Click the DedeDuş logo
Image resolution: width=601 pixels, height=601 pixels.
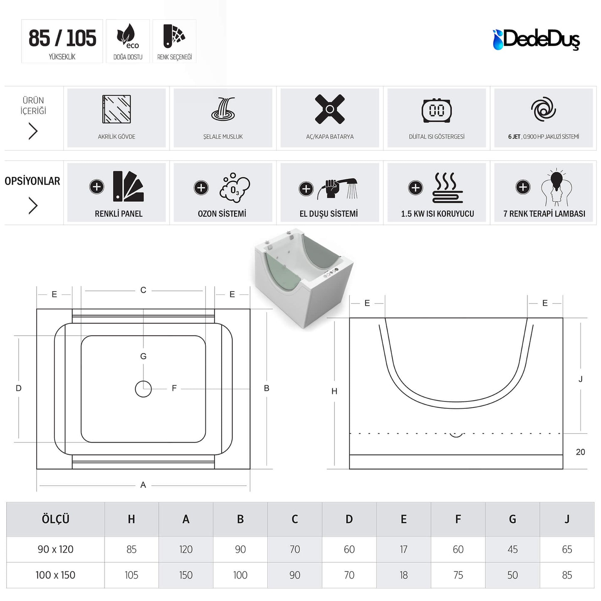(536, 40)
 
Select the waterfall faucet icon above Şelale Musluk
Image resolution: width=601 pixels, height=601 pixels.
(223, 109)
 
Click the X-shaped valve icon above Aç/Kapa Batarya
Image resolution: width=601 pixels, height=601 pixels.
(330, 109)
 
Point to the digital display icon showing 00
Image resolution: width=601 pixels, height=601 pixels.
(436, 110)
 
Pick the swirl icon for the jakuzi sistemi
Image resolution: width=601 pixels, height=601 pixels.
(543, 109)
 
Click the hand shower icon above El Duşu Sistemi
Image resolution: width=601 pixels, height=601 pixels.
(337, 189)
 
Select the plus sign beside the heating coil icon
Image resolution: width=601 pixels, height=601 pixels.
(416, 188)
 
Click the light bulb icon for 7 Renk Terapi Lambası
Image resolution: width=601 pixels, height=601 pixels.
(557, 188)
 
